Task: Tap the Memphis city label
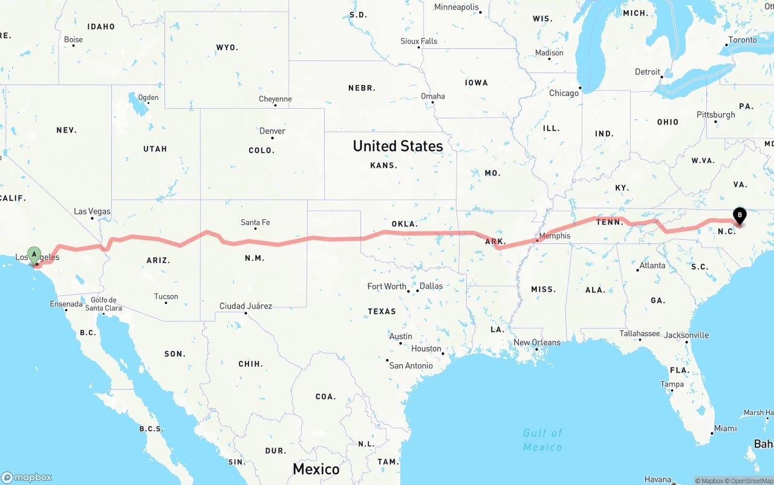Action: (554, 236)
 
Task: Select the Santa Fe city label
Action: (255, 222)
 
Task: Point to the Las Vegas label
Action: (92, 211)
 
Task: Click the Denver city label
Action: (272, 131)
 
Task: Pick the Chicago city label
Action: (564, 93)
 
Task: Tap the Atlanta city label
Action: (652, 265)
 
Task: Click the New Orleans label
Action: (537, 342)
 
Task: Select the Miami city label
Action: (725, 428)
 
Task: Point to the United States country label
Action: (398, 146)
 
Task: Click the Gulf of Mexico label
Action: (542, 440)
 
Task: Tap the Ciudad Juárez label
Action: (246, 306)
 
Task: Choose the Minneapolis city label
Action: (457, 7)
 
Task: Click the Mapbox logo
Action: (27, 477)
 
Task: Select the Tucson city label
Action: (166, 297)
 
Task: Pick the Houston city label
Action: (426, 348)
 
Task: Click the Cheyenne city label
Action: (275, 99)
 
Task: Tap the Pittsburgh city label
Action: (716, 115)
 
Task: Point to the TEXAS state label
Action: (382, 312)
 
